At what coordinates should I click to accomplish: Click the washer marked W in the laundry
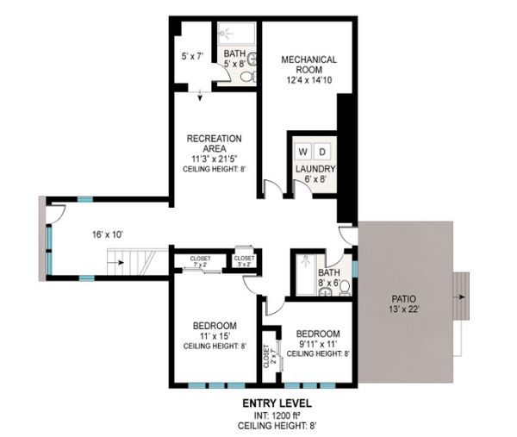coord(302,152)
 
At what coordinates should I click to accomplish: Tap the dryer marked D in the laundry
coord(322,152)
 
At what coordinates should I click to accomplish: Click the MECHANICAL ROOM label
coord(309,65)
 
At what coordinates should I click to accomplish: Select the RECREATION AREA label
coord(214,143)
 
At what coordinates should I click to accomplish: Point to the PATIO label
coord(403,299)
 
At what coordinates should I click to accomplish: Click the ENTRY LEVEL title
coord(277,403)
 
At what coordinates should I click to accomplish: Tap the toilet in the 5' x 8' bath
coord(249,77)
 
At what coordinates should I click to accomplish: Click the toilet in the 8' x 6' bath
coord(345,287)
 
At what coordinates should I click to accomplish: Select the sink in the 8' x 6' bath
coord(326,291)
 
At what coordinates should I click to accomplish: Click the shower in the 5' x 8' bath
coord(236,34)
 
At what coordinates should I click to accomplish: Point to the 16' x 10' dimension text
coord(108,234)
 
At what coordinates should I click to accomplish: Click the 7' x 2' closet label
coord(200,261)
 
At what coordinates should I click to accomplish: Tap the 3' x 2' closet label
coord(245,261)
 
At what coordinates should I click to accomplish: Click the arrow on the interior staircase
coord(119,263)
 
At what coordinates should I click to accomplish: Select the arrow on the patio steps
coord(461,297)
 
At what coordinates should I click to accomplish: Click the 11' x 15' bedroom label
coord(215,336)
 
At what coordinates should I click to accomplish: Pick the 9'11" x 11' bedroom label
coord(318,344)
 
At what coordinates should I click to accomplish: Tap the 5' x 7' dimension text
coord(192,56)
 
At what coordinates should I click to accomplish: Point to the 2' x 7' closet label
coord(270,356)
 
